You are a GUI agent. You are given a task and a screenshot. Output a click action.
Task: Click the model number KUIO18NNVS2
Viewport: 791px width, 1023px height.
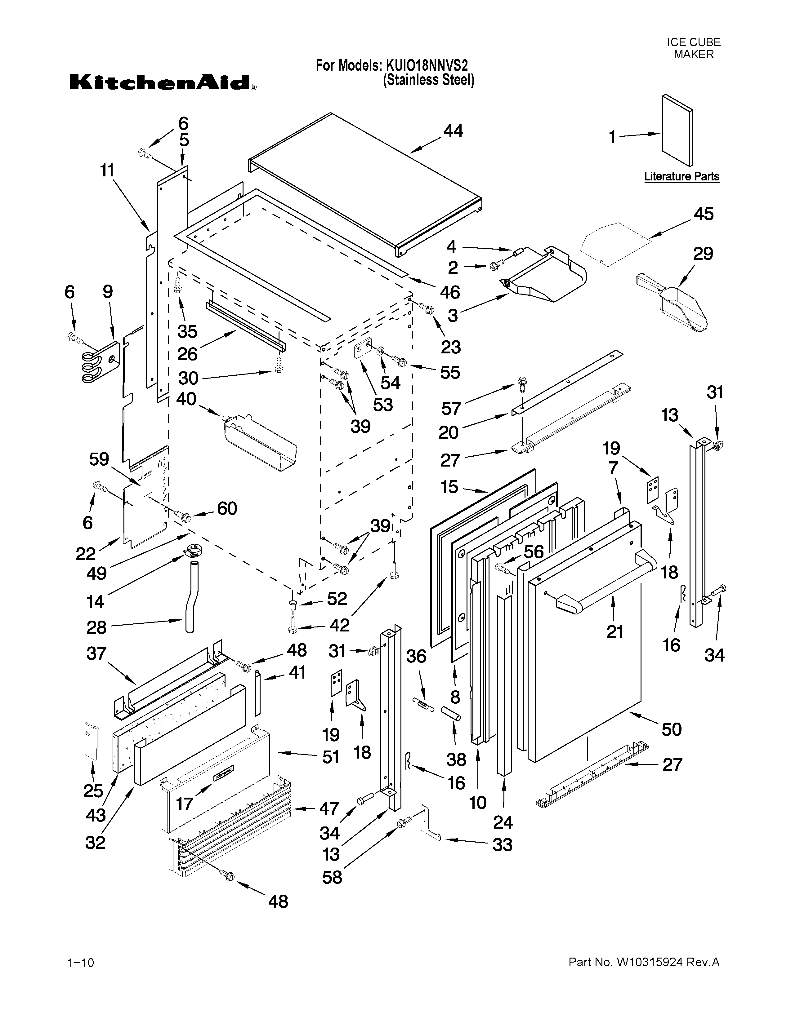427,65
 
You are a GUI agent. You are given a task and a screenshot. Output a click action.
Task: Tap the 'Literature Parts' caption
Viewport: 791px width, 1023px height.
682,177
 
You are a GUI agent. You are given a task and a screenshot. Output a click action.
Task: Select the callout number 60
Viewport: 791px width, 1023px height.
227,508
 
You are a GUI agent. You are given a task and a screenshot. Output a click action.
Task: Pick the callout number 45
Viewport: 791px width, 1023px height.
704,214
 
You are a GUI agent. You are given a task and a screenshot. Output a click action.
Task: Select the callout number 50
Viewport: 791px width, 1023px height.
671,729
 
